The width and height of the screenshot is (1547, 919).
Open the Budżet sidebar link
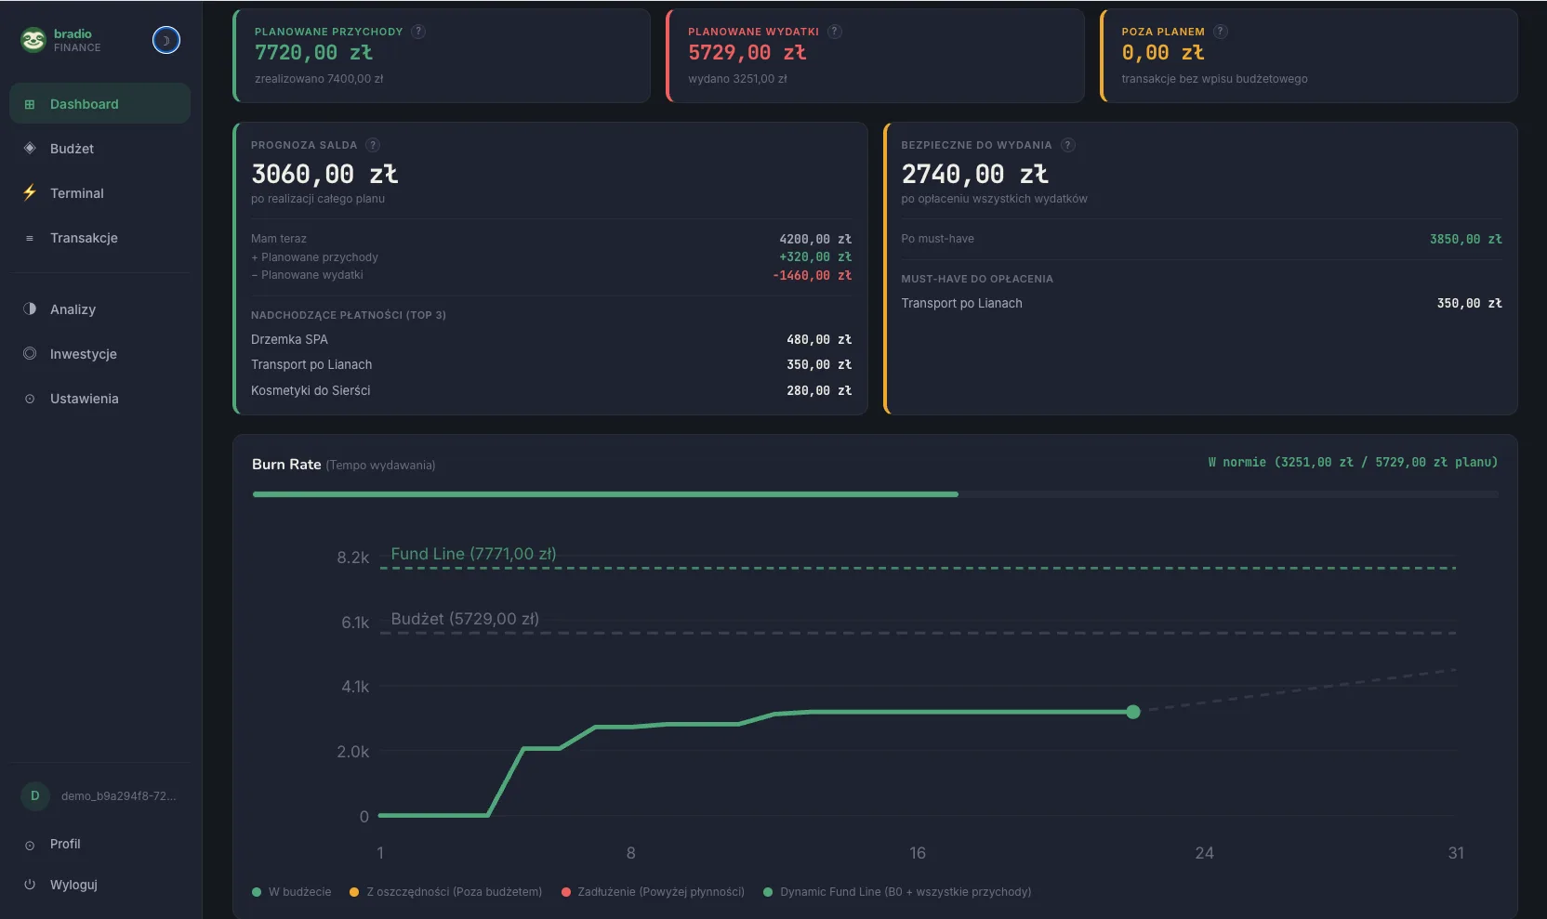coord(72,149)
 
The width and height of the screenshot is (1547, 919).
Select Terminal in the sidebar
coord(76,193)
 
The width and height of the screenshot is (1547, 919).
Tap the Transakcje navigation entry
coord(84,238)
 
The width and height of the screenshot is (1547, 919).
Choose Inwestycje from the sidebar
coord(83,354)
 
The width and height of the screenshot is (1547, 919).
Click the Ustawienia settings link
coord(84,399)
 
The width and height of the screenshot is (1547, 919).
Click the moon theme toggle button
coord(166,40)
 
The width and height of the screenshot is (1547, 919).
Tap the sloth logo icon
coord(33,40)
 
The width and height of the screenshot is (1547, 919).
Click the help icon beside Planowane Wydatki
coord(835,32)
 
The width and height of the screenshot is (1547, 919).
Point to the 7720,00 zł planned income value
coord(313,53)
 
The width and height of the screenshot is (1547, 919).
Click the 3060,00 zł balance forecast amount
coord(324,174)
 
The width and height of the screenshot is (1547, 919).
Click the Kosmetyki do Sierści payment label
coord(311,391)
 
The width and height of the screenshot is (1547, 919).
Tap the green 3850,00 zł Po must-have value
coord(1465,240)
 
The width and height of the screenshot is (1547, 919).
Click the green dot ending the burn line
coord(1132,712)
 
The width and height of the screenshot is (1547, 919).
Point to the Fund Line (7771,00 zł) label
coord(473,554)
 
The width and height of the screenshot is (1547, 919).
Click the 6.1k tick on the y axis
coord(354,623)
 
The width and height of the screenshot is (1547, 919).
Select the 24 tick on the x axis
coord(1204,853)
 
